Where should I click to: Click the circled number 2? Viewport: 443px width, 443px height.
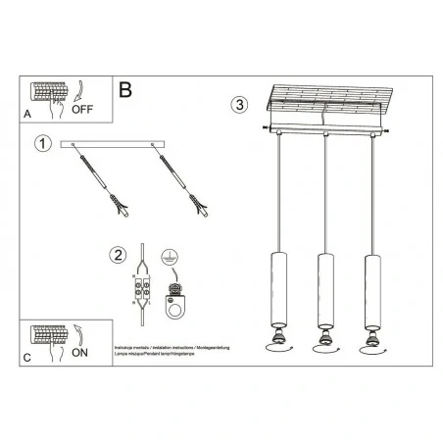coord(118,256)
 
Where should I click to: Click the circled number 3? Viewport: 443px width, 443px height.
coord(240,104)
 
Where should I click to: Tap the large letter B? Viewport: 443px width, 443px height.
coord(124,90)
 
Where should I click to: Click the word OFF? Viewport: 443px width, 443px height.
coord(84,112)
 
